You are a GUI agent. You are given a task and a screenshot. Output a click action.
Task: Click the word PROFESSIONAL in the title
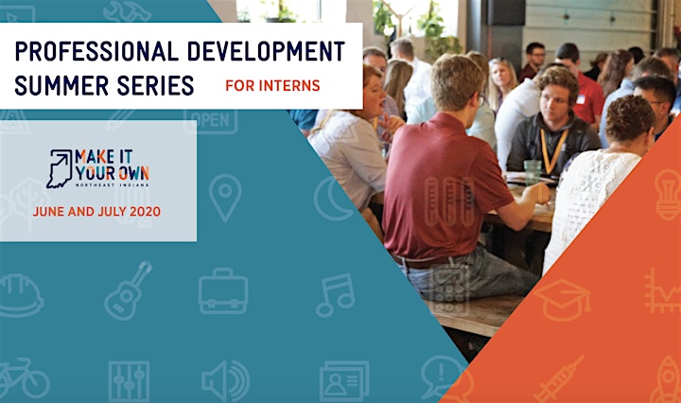click(x=96, y=51)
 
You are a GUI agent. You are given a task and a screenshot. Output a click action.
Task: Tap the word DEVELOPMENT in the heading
click(x=266, y=51)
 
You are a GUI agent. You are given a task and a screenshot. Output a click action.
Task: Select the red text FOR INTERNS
click(x=272, y=85)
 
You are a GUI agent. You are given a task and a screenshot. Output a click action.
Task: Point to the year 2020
click(x=145, y=212)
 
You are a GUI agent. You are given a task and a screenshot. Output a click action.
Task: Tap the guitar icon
click(x=128, y=290)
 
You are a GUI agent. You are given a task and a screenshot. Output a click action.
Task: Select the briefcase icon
click(x=223, y=291)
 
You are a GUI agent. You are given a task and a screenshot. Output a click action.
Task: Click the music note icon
click(x=335, y=295)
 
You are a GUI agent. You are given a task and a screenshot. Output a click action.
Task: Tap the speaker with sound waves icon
click(x=226, y=381)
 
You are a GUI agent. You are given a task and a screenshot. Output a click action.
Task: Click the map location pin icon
click(x=225, y=198)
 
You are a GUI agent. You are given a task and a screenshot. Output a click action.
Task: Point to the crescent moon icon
click(x=332, y=199)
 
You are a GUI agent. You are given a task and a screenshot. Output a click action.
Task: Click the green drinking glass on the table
click(x=533, y=172)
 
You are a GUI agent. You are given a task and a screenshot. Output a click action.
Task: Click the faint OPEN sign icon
click(x=211, y=121)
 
